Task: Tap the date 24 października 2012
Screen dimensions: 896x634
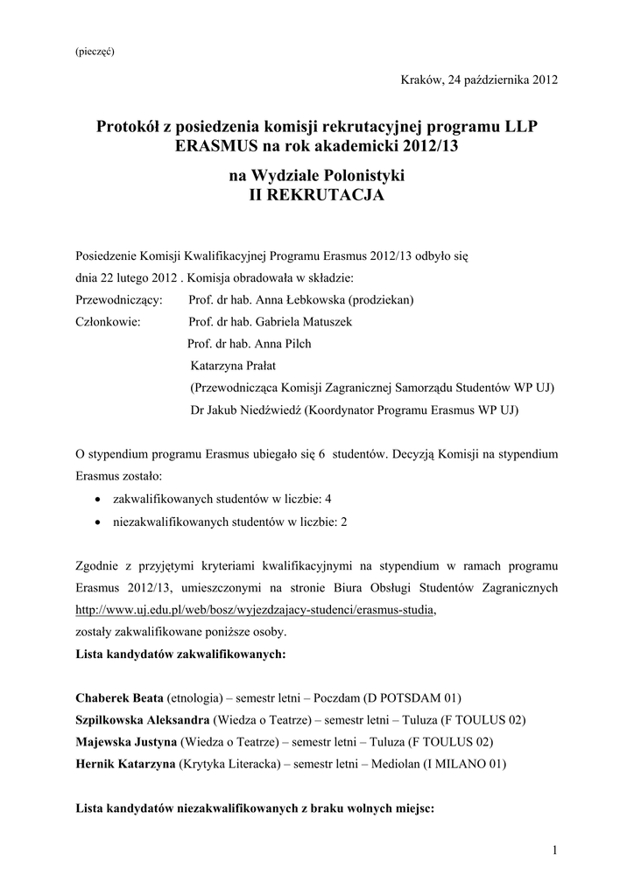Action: [503, 80]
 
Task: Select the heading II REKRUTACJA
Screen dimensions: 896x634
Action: [317, 196]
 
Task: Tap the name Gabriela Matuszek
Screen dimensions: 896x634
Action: [302, 322]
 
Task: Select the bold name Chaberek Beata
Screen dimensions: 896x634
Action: [120, 698]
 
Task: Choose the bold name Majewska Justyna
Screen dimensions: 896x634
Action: [125, 742]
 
